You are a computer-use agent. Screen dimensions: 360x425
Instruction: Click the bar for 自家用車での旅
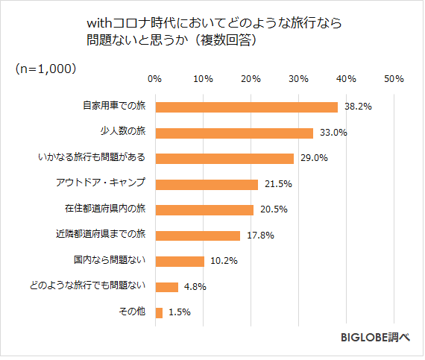point(246,107)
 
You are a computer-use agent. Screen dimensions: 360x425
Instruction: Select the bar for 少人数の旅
point(233,133)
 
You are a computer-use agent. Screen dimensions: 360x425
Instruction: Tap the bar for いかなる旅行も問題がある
point(224,158)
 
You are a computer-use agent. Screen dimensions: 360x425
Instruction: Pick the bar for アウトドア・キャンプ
point(206,184)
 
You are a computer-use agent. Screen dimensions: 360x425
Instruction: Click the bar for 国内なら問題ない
point(179,261)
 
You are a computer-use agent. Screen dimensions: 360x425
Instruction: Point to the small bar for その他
point(158,312)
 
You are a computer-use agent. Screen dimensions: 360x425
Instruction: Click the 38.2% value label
point(358,107)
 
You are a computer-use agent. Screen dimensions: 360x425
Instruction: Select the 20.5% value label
point(273,210)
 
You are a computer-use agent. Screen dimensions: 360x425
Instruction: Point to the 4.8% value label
point(195,287)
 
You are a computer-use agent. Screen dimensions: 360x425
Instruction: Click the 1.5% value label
point(180,313)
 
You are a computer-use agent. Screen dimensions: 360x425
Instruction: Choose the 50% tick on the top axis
point(394,78)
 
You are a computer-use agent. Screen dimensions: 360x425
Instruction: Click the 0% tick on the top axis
point(154,78)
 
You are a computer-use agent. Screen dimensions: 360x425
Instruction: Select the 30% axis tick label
point(298,78)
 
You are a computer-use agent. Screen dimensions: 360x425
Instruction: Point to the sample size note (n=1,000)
point(45,68)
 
